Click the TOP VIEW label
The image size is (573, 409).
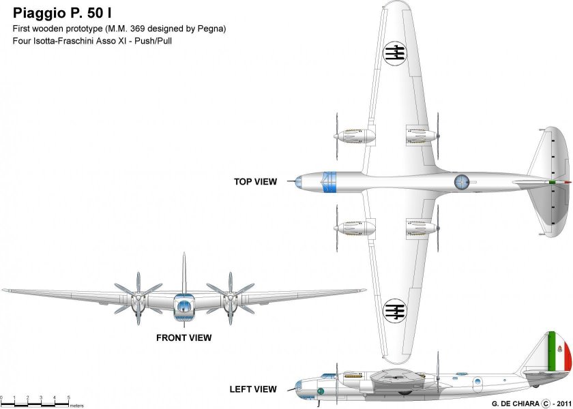coord(255,182)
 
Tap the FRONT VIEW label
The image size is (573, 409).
coord(183,337)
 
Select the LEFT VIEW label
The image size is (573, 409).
coord(253,389)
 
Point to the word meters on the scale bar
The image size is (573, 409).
coord(76,405)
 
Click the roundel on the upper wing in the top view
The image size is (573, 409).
coord(394,50)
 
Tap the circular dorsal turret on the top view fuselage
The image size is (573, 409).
coord(462,181)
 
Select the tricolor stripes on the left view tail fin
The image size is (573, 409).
coord(559,353)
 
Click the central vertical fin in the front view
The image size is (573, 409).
coord(183,273)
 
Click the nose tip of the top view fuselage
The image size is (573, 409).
coord(294,181)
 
